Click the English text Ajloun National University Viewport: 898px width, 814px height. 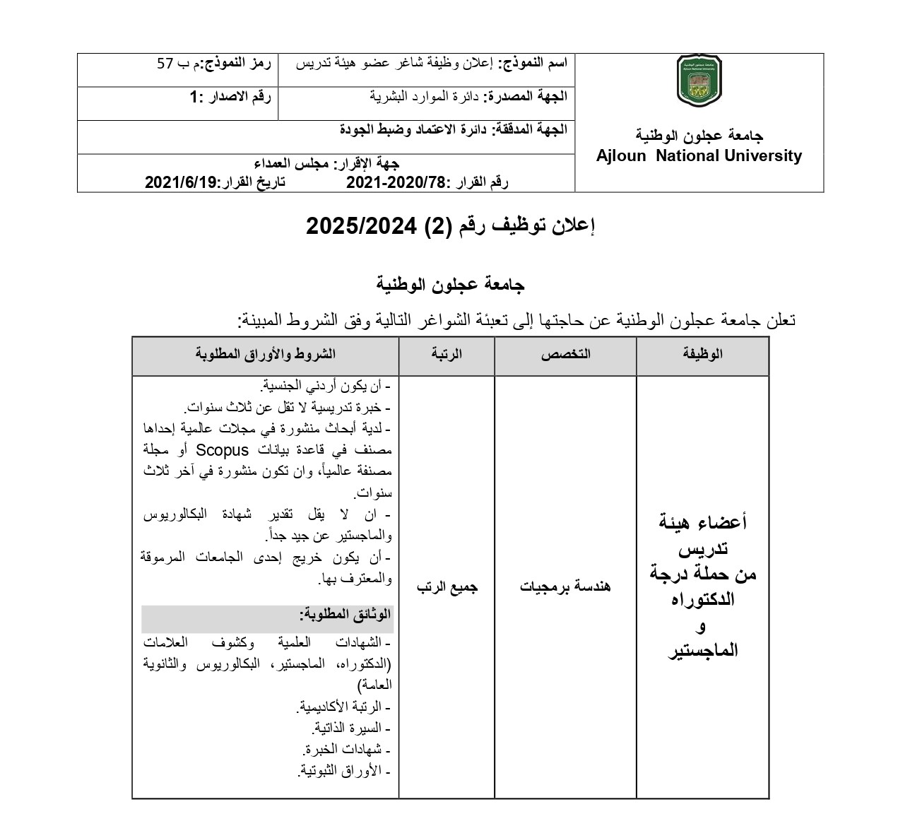coord(699,156)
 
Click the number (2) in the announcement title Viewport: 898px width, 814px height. coord(441,226)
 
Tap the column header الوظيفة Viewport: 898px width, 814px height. coord(702,354)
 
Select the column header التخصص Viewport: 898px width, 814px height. coord(565,354)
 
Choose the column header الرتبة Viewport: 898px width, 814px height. coord(447,354)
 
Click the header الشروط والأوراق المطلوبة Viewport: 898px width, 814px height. coord(266,354)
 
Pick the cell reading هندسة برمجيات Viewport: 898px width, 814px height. coord(565,586)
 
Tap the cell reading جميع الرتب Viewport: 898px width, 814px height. coord(447,586)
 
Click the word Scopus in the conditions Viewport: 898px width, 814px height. coord(223,450)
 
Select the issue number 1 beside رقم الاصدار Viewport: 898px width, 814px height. coord(191,98)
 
